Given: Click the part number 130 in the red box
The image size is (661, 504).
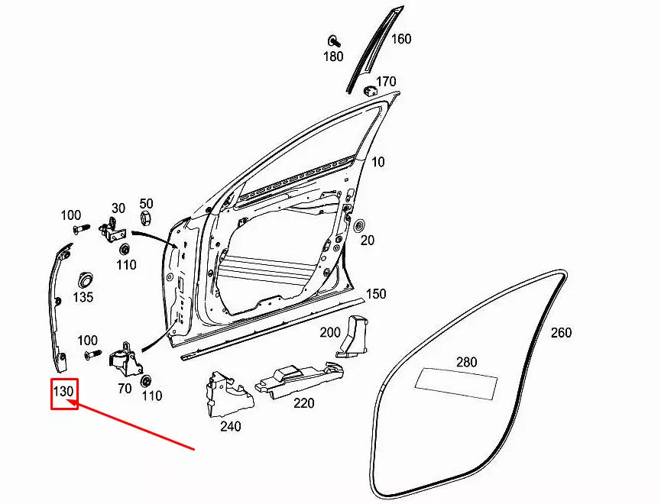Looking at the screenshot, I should [x=63, y=392].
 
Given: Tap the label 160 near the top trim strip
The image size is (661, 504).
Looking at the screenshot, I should [x=401, y=39].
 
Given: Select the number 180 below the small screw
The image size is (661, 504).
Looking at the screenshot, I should [x=333, y=57].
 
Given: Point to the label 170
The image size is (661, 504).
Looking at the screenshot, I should [x=386, y=81].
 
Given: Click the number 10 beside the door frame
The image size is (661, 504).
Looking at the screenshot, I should [x=378, y=162].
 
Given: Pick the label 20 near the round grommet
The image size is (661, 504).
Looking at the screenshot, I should [x=368, y=240].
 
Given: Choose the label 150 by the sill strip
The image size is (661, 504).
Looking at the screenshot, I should [x=376, y=294].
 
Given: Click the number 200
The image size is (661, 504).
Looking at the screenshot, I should [x=330, y=332].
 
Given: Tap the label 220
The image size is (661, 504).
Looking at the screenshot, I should [x=303, y=402].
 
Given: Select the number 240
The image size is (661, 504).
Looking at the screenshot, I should [x=230, y=426].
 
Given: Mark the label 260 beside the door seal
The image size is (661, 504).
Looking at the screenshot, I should [x=561, y=333].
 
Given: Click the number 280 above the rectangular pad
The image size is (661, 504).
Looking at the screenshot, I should [x=466, y=362].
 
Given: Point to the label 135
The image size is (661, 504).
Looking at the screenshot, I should [x=83, y=296].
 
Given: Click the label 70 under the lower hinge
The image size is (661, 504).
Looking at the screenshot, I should [x=125, y=388].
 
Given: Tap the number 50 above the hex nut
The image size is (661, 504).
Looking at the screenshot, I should [x=146, y=203].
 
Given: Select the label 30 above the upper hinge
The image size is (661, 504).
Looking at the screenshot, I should [x=118, y=208].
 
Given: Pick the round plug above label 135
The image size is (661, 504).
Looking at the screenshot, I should [x=84, y=275].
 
